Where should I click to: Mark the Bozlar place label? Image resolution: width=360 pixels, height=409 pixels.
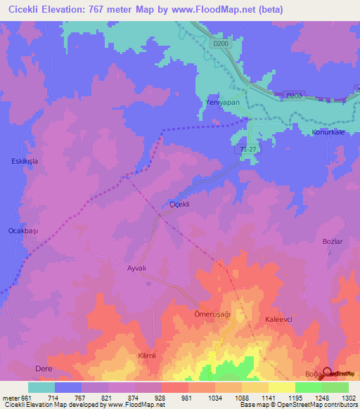tap(332, 241)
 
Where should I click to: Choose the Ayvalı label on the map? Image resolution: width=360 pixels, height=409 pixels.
tap(139, 268)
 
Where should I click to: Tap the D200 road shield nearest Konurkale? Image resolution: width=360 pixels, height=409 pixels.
tap(294, 95)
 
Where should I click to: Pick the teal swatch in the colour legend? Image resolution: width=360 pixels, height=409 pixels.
tap(41, 387)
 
